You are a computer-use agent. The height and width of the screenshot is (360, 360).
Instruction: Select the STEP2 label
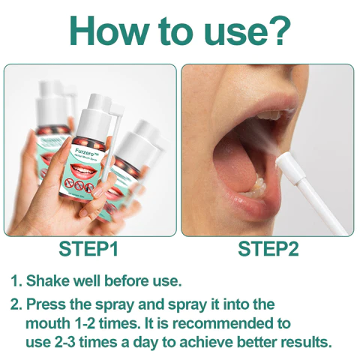(268, 249)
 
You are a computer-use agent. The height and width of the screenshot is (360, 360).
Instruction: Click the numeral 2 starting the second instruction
(14, 304)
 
